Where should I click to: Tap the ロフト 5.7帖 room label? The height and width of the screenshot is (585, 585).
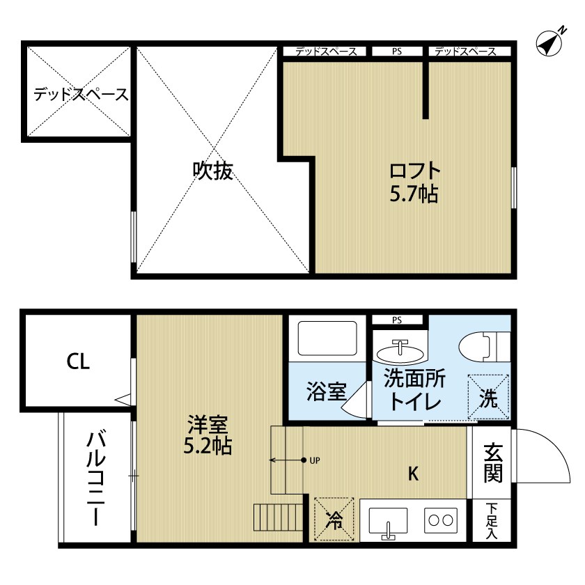[x=414, y=181]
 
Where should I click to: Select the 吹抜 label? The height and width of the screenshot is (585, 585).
[x=212, y=171]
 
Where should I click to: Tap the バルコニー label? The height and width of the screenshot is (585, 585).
[x=95, y=479]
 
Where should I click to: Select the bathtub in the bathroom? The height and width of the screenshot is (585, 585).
[x=326, y=339]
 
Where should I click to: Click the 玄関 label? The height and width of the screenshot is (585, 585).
[x=492, y=462]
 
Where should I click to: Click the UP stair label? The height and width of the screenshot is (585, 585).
[x=315, y=460]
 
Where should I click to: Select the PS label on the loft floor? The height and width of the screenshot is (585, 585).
[x=396, y=52]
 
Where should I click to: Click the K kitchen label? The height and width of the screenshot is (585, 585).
[x=413, y=474]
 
